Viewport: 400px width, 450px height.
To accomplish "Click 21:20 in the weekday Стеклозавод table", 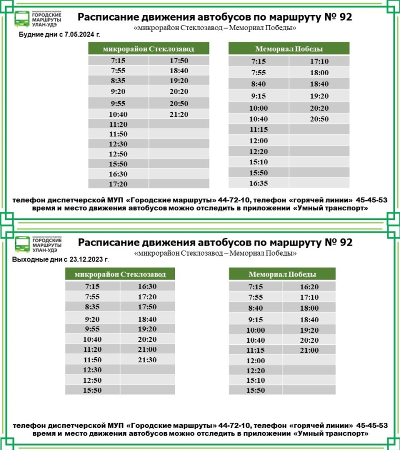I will pos(178,114).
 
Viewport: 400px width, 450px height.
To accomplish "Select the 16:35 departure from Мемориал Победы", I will pos(258,183).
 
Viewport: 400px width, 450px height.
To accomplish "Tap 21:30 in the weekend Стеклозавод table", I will pos(147,360).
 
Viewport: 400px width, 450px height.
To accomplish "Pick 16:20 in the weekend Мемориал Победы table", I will pos(309,287).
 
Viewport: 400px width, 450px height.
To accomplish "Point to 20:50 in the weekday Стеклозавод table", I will pos(178,103).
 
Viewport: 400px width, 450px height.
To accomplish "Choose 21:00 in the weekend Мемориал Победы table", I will pos(309,350).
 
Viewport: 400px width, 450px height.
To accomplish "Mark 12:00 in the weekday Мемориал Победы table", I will pos(258,140).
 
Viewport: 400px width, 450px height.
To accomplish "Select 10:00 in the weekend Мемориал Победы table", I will pos(255,330).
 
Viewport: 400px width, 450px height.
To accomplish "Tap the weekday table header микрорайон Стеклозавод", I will pos(148,49).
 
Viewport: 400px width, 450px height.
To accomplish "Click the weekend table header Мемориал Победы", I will pos(282,274).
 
